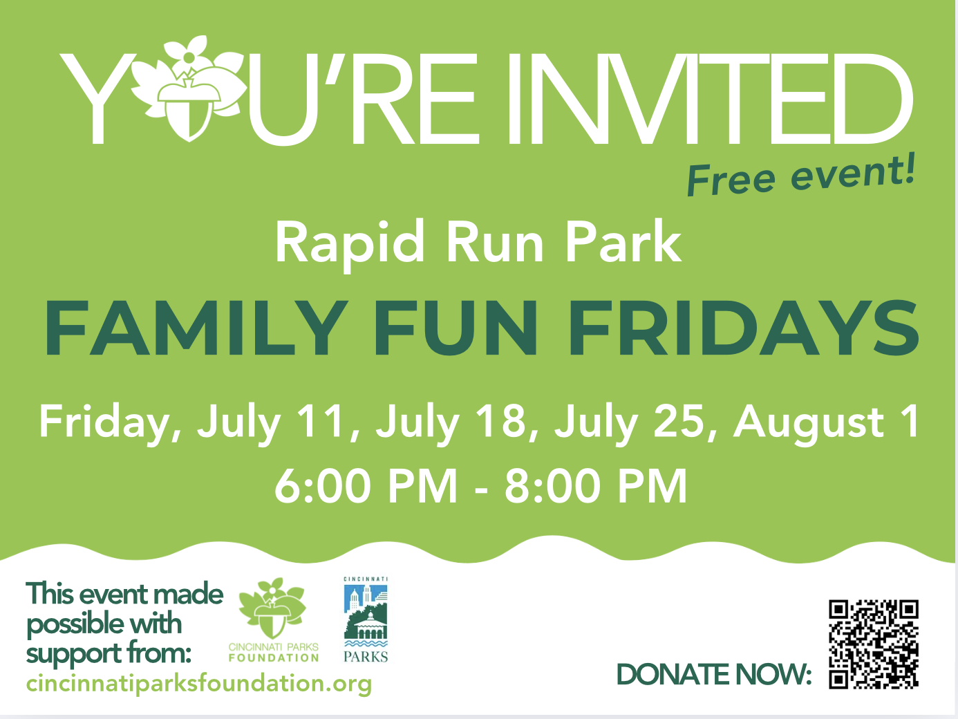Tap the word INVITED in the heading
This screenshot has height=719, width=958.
[710, 99]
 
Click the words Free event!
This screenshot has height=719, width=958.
[801, 176]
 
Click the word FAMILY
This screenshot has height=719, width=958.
[196, 328]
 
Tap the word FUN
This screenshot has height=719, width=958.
[455, 328]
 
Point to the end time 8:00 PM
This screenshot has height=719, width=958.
[596, 486]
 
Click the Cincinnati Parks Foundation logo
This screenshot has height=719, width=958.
[274, 620]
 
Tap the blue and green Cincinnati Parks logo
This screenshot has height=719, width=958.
[366, 619]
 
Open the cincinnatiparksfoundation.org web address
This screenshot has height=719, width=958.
[199, 684]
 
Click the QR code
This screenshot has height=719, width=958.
[874, 644]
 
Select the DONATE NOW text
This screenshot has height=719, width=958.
[713, 675]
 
